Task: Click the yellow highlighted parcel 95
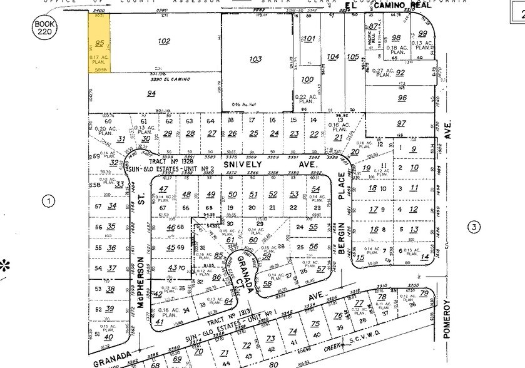[x=99, y=44]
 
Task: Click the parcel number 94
[x=151, y=93]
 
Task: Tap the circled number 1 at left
[x=45, y=201]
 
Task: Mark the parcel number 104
[x=333, y=57]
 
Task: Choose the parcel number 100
[x=307, y=79]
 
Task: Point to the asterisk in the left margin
[x=6, y=265]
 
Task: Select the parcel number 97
[x=401, y=124]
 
